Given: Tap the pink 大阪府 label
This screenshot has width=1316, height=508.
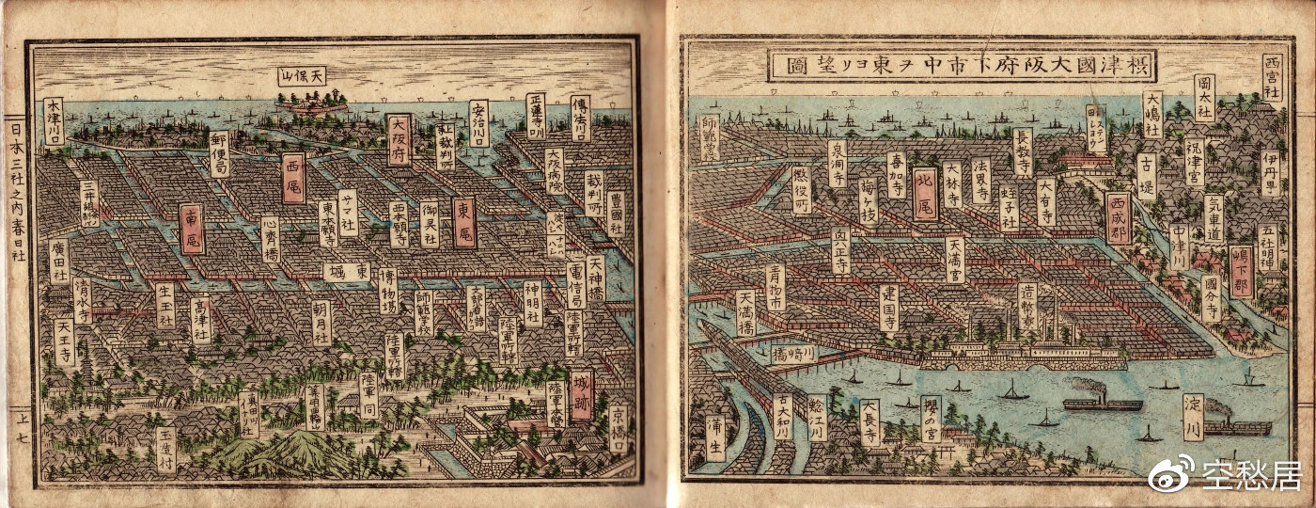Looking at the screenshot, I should coord(398,139).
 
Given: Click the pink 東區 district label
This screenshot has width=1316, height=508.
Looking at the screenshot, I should coord(463,223).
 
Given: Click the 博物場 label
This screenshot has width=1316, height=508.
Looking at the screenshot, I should coord(387,292).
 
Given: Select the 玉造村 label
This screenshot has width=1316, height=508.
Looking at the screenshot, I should coord(165,450).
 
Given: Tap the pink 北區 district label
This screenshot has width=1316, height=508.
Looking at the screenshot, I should coord(925,194).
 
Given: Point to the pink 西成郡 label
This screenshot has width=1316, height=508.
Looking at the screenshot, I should coord(1119,218).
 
